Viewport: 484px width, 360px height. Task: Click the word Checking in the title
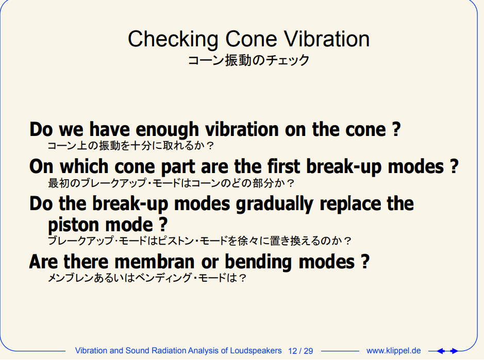click(173, 40)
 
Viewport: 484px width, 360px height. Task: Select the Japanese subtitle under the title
click(248, 60)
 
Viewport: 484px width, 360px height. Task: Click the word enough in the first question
click(167, 130)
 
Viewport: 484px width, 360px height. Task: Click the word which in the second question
click(84, 166)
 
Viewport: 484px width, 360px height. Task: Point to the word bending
click(258, 262)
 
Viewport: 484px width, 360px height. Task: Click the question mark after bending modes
click(365, 262)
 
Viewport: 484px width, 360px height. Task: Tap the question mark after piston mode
click(163, 224)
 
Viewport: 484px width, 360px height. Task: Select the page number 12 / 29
click(301, 351)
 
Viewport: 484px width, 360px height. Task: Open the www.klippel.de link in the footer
click(394, 351)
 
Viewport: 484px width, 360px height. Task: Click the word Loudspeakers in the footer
click(256, 351)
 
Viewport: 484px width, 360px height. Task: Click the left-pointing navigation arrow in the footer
click(441, 351)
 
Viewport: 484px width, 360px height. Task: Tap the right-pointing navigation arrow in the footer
click(454, 351)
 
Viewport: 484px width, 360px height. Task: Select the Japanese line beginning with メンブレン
click(147, 278)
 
